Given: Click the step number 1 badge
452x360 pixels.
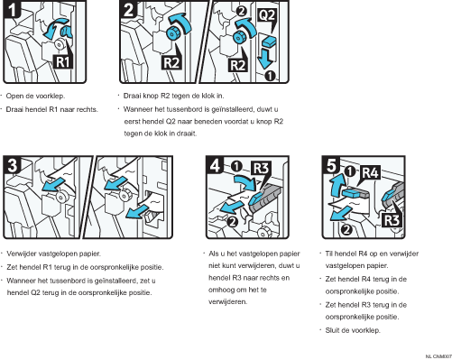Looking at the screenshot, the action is click(x=12, y=9).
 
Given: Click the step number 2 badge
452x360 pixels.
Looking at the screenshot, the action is click(x=129, y=9).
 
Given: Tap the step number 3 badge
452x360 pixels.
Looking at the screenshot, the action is click(x=12, y=165).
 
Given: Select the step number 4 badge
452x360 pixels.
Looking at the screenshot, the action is click(x=216, y=165).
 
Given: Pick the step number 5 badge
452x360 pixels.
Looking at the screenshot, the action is click(x=331, y=165).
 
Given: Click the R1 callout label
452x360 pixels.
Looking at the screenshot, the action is click(x=63, y=62).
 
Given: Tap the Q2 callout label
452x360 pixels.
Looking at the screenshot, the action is click(x=266, y=14).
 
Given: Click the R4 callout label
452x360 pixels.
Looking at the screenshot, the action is click(x=371, y=172).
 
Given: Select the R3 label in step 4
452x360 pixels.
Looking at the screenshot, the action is click(x=261, y=168).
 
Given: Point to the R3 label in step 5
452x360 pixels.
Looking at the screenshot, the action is click(x=392, y=220).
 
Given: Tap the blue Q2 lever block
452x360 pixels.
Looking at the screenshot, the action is click(x=269, y=41).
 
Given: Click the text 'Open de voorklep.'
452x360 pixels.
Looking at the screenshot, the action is click(x=35, y=96).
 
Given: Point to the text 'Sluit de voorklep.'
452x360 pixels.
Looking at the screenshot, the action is click(x=353, y=330).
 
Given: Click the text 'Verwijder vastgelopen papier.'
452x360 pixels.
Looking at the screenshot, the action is click(x=53, y=254).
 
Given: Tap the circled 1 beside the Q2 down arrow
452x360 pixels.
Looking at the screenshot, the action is click(x=270, y=76).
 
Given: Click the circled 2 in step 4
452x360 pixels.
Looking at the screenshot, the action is click(x=233, y=222).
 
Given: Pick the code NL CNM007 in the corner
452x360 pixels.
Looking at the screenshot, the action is click(x=438, y=356).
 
